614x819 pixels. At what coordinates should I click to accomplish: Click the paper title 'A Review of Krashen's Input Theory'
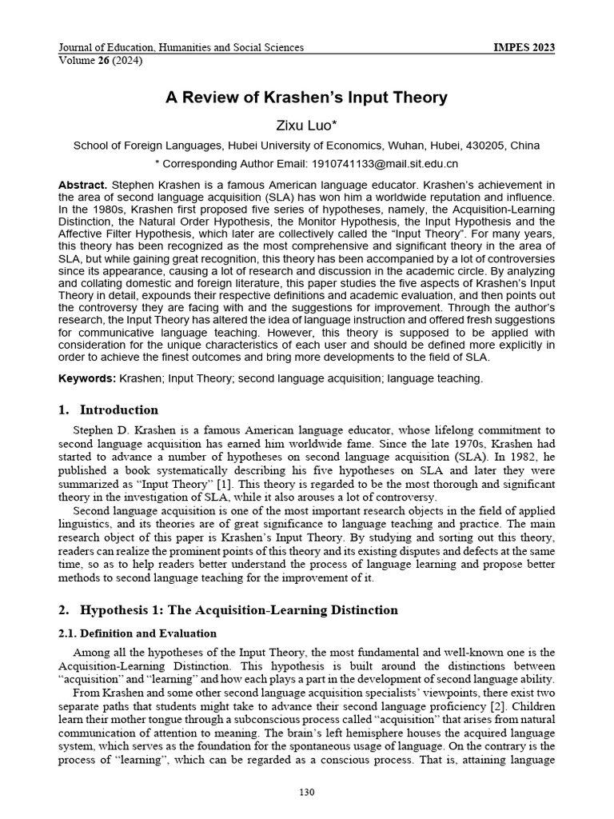306,98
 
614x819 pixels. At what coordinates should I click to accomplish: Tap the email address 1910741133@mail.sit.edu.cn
376,163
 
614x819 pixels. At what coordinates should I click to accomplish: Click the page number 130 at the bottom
306,793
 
